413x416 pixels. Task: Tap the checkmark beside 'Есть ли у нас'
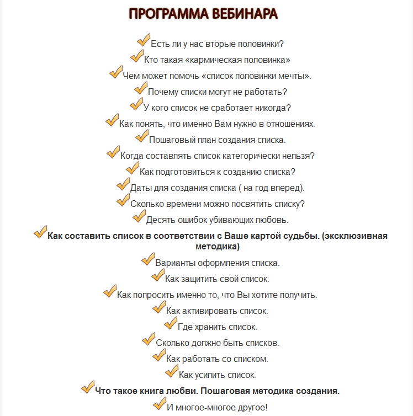click(x=143, y=40)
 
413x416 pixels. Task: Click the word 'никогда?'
click(x=274, y=108)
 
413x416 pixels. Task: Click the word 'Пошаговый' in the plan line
click(x=169, y=140)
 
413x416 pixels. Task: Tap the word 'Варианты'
click(x=174, y=263)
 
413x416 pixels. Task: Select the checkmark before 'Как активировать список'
click(x=159, y=307)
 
